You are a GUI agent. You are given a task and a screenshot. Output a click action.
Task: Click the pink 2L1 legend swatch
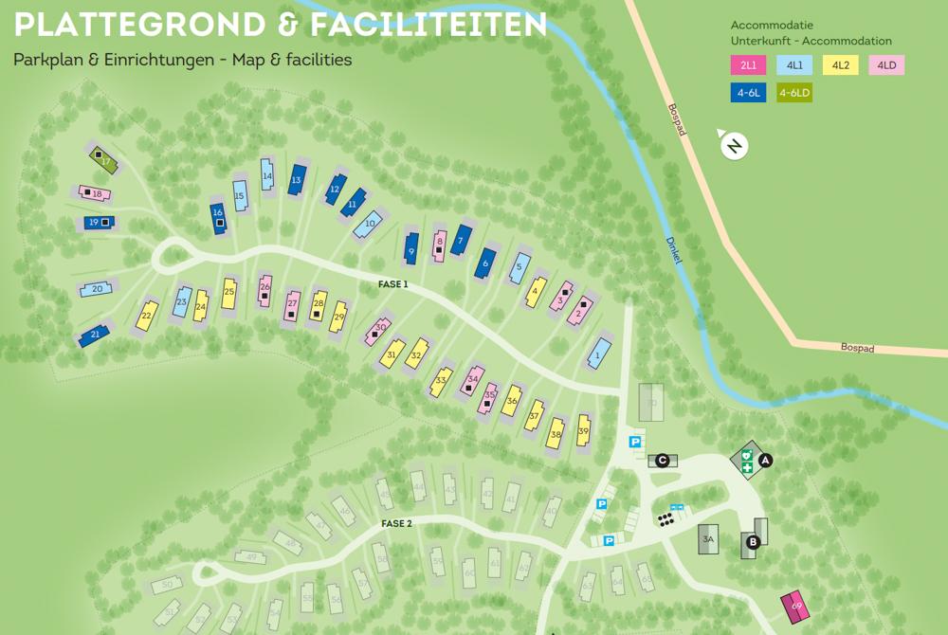point(748,65)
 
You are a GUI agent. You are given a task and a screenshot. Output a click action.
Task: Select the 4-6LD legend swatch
point(794,93)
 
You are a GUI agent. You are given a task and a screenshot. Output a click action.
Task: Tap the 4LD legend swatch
point(886,65)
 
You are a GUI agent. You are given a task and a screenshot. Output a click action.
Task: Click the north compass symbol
point(734,146)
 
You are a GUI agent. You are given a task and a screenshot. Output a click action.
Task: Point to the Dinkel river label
point(675,252)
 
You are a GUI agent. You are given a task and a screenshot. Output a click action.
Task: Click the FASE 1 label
point(392,283)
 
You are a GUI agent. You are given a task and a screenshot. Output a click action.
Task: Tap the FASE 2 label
point(396,523)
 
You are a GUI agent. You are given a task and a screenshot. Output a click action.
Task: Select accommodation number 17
point(103,159)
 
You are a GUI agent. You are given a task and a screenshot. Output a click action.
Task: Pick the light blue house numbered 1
point(598,354)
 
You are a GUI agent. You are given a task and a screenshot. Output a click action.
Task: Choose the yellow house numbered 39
point(583,430)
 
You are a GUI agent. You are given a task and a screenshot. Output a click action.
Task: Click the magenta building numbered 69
point(795,606)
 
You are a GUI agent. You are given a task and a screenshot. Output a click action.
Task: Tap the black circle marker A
point(766,461)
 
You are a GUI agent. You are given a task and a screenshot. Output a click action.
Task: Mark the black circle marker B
point(753,542)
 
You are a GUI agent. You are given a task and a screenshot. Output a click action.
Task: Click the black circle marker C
point(663,461)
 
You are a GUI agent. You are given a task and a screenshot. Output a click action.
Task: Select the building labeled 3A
point(707,539)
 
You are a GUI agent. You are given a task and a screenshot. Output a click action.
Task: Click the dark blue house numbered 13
point(297,179)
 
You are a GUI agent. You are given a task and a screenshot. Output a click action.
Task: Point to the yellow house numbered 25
point(228,293)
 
